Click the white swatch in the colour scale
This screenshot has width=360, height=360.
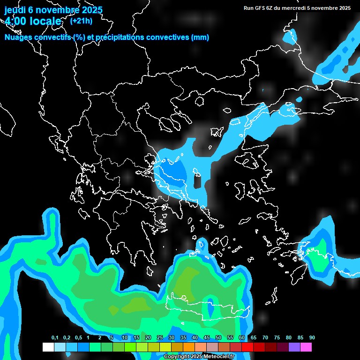click(x=48, y=347)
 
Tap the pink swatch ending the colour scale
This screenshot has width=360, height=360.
click(x=306, y=347)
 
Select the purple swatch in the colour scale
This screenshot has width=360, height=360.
click(x=294, y=347)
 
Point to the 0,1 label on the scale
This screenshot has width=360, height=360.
click(x=55, y=338)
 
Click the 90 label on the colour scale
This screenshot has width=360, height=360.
click(x=312, y=338)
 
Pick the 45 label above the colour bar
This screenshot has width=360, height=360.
click(x=207, y=338)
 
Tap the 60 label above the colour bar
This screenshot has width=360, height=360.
click(x=242, y=338)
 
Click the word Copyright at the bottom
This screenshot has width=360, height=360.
click(x=177, y=357)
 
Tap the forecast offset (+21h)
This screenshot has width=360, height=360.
click(x=81, y=21)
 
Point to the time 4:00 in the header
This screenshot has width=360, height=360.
click(x=15, y=21)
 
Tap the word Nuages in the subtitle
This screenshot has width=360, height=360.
click(x=17, y=37)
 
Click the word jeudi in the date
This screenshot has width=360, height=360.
click(x=15, y=10)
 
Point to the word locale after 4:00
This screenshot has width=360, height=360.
click(x=45, y=21)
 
